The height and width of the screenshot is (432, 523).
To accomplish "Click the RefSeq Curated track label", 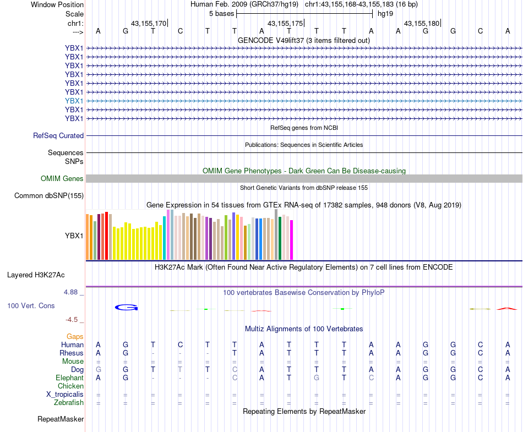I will (x=58, y=135).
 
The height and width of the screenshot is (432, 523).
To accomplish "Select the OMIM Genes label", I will (x=62, y=178).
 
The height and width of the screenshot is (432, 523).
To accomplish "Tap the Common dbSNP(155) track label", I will (x=49, y=195).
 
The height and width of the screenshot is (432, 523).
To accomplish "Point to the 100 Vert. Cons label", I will (x=31, y=305).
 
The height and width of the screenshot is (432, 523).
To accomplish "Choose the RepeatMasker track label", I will (x=61, y=419).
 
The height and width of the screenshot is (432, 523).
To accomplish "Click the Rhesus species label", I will (x=72, y=353).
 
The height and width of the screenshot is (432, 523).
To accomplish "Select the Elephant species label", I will (x=70, y=378).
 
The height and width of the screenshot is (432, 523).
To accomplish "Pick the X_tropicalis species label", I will (x=65, y=394).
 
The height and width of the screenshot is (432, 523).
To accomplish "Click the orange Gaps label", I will (x=75, y=336).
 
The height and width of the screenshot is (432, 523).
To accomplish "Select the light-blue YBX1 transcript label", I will (x=74, y=101).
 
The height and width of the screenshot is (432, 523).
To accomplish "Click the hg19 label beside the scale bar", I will (x=385, y=13).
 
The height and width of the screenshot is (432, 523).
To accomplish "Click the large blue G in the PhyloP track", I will (x=126, y=307).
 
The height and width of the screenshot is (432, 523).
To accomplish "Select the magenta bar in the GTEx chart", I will (x=292, y=239).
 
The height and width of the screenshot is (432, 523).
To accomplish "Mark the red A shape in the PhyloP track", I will (x=507, y=309).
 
